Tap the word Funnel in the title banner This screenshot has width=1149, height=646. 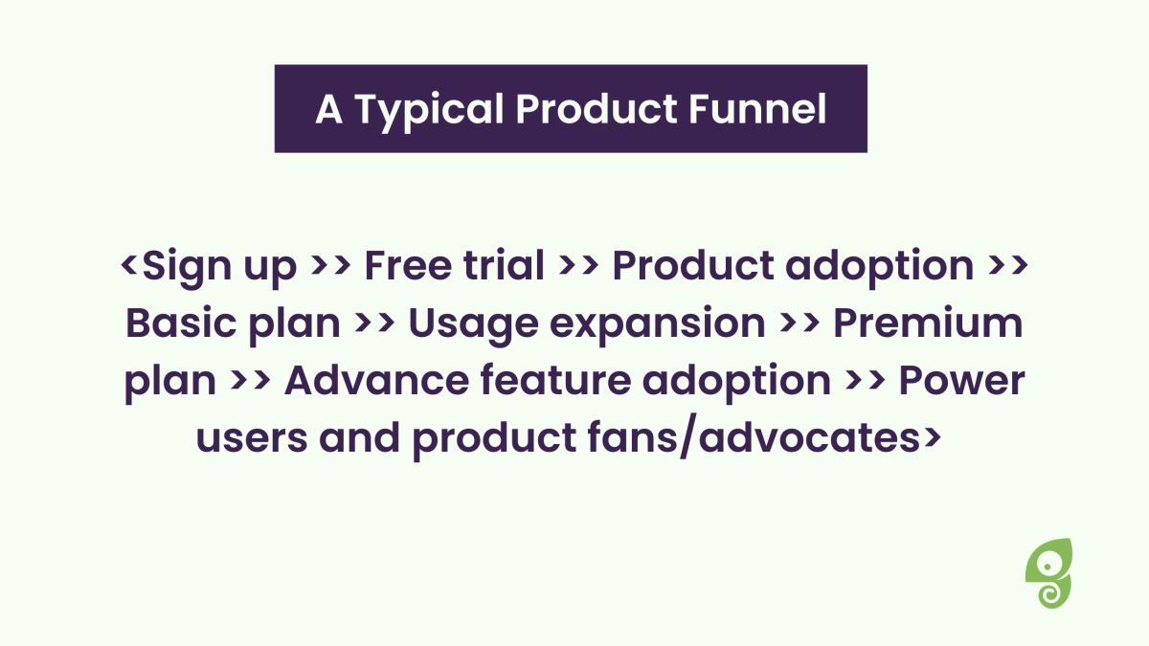757,109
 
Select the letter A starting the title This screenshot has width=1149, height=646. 328,109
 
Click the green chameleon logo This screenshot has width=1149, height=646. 1049,573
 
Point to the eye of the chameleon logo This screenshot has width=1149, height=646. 1047,567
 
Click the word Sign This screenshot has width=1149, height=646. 187,268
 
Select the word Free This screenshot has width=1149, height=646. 408,266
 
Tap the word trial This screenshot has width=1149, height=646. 504,265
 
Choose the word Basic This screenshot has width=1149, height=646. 182,323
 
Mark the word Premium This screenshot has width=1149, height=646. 928,323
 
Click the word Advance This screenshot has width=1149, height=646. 377,381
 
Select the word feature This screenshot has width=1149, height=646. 556,381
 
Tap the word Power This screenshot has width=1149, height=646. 961,381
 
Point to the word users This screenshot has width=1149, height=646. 252,438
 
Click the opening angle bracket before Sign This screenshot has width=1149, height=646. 128,265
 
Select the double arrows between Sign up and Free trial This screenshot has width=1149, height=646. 331,265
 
